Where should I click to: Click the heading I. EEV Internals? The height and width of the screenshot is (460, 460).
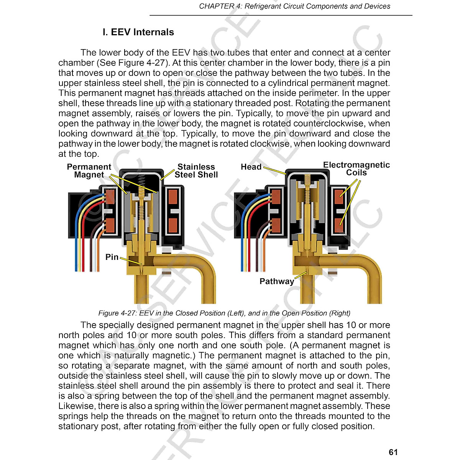pyautogui.click(x=138, y=32)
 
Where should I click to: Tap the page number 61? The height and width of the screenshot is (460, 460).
pyautogui.click(x=393, y=452)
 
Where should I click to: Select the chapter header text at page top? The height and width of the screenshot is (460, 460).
pyautogui.click(x=294, y=6)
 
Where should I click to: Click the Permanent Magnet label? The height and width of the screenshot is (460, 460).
pyautogui.click(x=89, y=171)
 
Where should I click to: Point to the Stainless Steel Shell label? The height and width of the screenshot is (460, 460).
pyautogui.click(x=196, y=171)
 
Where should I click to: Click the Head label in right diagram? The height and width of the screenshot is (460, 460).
pyautogui.click(x=251, y=167)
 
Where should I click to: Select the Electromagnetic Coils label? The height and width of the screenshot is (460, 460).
pyautogui.click(x=356, y=169)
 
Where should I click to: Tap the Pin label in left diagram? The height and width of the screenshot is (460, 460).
pyautogui.click(x=112, y=257)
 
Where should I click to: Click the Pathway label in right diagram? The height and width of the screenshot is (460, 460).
pyautogui.click(x=276, y=281)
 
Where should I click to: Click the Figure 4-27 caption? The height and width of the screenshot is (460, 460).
pyautogui.click(x=224, y=313)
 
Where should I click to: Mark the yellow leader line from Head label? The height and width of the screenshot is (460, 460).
pyautogui.click(x=274, y=171)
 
